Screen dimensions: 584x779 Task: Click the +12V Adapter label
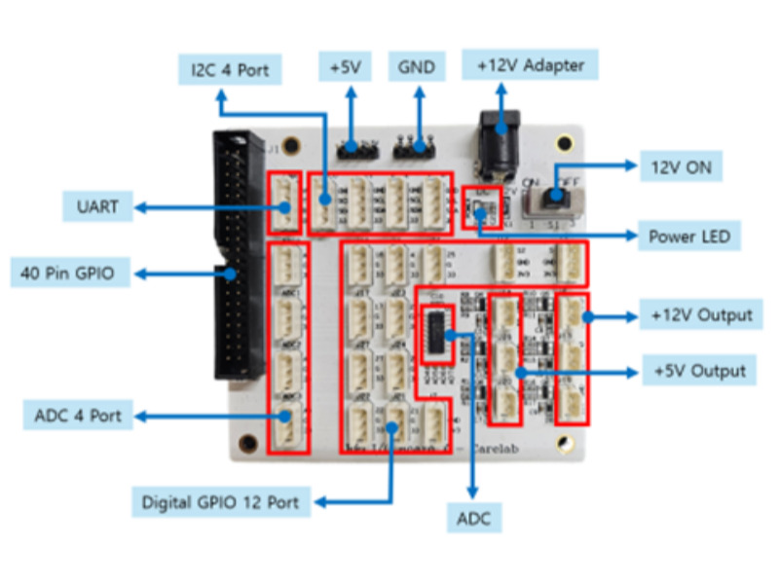(531, 65)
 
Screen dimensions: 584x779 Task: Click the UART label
(98, 207)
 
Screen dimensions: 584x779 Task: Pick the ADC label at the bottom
(473, 518)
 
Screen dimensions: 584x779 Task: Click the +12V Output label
(701, 315)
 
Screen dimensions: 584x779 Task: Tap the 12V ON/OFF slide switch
(552, 200)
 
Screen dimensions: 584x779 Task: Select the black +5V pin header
(356, 149)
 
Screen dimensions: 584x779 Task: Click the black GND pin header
(413, 149)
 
